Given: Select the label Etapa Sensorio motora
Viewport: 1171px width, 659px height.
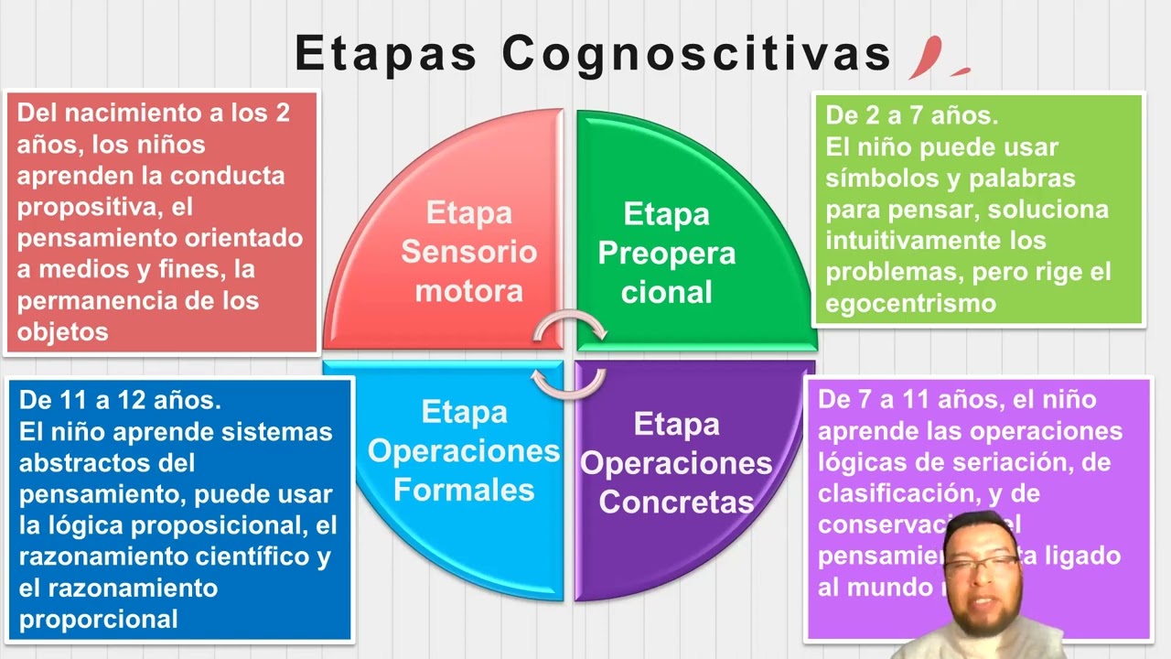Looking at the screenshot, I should [468, 252].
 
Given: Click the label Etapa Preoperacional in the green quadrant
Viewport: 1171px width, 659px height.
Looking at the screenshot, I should [666, 253].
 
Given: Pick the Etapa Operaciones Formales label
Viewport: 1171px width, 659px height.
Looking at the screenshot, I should [464, 450].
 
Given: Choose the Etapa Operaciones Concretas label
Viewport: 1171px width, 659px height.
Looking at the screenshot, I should [676, 462].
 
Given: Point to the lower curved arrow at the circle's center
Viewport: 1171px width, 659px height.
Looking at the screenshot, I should [569, 382].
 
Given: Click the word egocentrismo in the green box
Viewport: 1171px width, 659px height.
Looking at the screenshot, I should [910, 303].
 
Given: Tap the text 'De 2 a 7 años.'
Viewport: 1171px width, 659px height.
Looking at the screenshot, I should [911, 116].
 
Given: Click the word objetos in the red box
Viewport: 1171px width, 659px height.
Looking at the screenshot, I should [62, 331].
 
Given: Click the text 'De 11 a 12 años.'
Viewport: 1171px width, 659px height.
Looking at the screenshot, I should [120, 400].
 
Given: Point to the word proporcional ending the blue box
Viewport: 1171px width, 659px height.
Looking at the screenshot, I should [98, 619].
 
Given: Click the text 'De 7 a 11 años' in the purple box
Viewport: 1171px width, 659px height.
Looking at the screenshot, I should [908, 400].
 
